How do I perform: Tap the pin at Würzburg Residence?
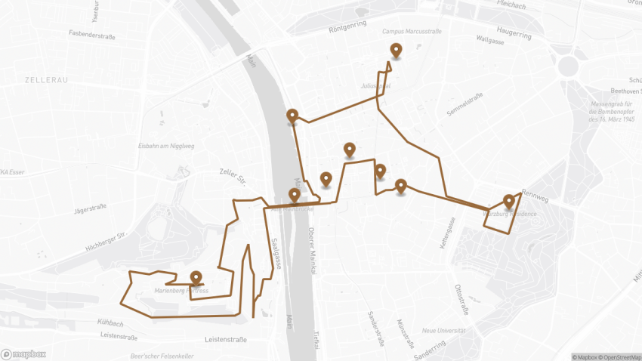[x=509, y=202]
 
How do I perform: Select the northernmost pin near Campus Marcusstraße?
[x=395, y=51]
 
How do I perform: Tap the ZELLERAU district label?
[x=47, y=79]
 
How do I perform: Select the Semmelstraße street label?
[x=465, y=105]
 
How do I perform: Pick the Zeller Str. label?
[x=233, y=176]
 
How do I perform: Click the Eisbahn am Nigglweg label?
[x=166, y=146]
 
